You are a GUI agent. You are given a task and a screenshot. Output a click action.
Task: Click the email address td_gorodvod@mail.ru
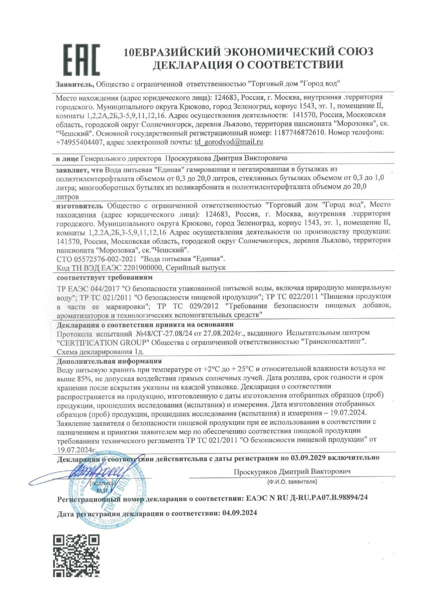[229, 142]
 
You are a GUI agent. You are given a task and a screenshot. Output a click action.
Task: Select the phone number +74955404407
[79, 142]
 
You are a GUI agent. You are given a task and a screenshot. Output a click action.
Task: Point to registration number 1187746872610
[300, 133]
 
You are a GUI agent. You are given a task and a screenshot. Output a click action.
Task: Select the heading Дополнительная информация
[109, 361]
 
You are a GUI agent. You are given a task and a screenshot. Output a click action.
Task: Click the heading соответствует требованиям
[104, 278]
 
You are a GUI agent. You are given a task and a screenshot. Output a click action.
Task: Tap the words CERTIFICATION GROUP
[103, 342]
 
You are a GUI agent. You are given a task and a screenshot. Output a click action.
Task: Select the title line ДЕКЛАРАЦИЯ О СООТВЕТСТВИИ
[248, 64]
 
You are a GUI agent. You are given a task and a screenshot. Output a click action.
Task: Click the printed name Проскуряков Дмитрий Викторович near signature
[292, 471]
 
